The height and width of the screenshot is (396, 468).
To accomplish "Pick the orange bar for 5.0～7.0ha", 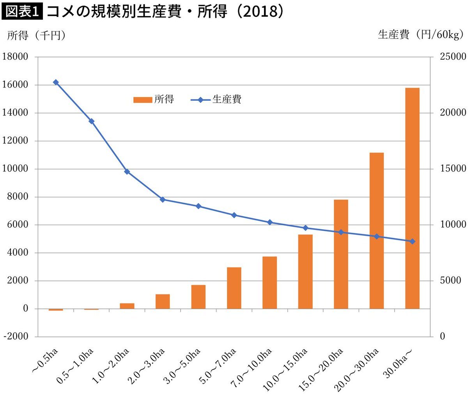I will click(234, 288).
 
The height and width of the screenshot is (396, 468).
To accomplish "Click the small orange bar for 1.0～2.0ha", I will click(127, 306).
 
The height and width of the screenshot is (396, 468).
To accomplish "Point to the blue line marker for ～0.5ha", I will click(56, 82).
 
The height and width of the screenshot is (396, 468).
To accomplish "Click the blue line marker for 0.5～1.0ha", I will click(91, 121).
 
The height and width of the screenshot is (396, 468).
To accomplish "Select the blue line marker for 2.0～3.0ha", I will click(163, 200).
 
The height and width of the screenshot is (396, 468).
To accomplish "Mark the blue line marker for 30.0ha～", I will click(412, 241).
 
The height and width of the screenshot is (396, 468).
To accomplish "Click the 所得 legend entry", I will click(154, 100).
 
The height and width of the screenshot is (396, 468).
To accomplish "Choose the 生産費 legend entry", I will click(216, 100).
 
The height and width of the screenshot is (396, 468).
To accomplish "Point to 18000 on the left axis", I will click(15, 57).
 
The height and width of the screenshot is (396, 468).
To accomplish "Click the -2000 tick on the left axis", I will click(15, 337).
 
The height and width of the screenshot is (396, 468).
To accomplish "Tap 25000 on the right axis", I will click(452, 57).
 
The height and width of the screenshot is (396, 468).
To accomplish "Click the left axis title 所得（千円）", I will click(36, 36).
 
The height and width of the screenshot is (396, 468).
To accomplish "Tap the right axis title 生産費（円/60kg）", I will click(420, 35).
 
